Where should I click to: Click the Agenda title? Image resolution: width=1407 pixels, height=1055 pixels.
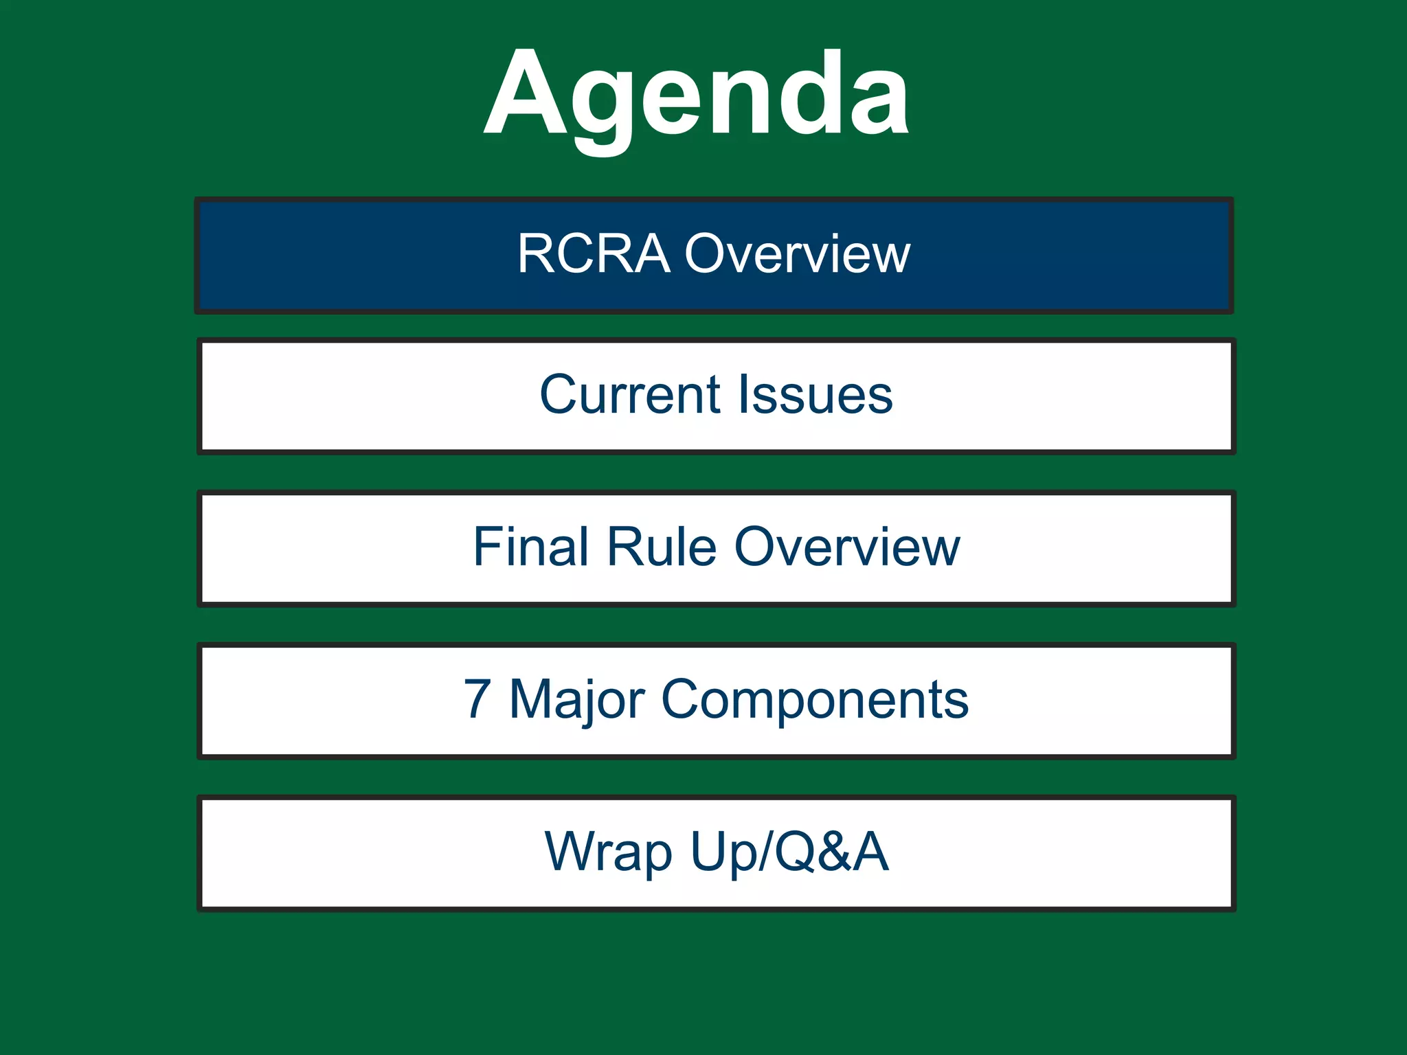697,96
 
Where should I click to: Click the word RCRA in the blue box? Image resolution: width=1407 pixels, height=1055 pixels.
594,254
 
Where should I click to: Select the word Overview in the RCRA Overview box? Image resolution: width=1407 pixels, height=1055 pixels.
798,254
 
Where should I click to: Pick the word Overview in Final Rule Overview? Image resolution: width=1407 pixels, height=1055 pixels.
847,547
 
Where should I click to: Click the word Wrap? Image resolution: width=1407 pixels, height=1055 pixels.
609,852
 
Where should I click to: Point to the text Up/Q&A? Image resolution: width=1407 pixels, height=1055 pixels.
790,852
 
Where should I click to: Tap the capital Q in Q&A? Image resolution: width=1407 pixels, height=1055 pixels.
796,852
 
